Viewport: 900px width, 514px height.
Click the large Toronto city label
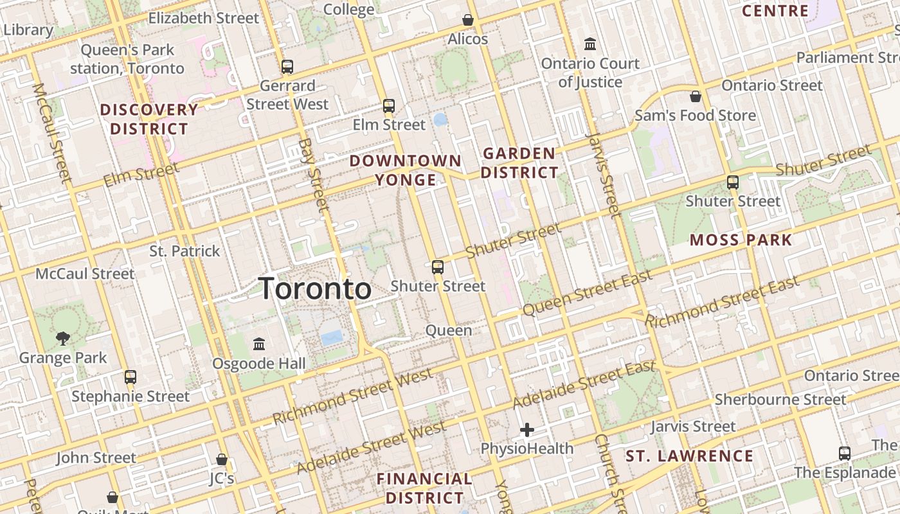tap(315, 289)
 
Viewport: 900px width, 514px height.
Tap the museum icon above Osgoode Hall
tap(259, 344)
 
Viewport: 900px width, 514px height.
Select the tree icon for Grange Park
tap(63, 338)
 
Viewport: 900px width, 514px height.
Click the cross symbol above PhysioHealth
tap(527, 430)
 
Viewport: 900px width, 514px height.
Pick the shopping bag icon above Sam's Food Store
tap(695, 97)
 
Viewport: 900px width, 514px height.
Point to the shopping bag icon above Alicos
tap(468, 21)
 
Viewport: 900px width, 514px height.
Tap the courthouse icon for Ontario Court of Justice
tap(590, 44)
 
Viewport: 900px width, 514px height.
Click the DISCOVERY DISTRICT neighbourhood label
tap(149, 119)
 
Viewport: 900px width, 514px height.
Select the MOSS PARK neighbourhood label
tap(741, 240)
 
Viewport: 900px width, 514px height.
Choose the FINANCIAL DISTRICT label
tap(424, 488)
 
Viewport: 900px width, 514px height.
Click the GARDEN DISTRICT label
tap(519, 163)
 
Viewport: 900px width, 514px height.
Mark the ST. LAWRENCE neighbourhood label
tap(689, 456)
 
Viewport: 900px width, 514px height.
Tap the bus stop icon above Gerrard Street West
tap(287, 67)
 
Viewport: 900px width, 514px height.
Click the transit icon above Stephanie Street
tap(130, 377)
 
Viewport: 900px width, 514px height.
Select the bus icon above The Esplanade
tap(845, 454)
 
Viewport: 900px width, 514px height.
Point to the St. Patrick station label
tap(184, 251)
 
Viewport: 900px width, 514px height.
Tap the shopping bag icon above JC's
tap(222, 460)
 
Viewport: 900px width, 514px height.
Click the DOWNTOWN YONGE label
tap(406, 170)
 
